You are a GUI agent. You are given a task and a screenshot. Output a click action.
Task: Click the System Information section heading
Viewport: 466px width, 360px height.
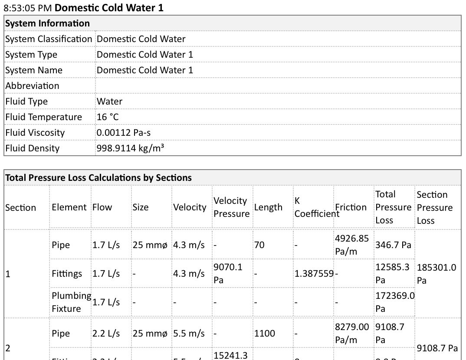(x=47, y=23)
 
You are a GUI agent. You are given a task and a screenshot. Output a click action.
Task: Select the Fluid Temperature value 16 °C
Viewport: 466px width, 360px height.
(x=108, y=117)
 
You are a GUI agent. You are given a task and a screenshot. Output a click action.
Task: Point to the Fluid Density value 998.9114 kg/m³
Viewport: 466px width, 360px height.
(x=130, y=148)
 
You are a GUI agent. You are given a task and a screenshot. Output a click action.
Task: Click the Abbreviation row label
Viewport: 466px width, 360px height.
(x=32, y=86)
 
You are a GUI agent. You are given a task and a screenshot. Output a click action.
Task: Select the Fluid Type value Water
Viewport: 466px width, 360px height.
(x=109, y=101)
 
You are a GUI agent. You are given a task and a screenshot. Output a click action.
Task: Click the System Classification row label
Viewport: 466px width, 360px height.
(x=49, y=39)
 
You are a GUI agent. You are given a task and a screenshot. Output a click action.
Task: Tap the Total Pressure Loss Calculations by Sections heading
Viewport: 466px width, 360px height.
(x=98, y=178)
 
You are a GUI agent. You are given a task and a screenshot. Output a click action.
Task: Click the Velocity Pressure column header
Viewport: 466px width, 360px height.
(x=231, y=207)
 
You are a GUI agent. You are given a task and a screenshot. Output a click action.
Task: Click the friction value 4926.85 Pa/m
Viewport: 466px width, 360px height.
(x=352, y=245)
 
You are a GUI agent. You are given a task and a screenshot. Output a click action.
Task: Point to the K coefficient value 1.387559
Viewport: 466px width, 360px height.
(x=314, y=274)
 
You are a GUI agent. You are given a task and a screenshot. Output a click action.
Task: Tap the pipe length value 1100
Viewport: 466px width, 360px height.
(x=265, y=333)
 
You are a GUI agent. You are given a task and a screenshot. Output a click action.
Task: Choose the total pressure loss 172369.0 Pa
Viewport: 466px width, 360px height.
(x=394, y=302)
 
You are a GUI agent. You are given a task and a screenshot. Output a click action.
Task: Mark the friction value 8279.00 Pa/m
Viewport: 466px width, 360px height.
(x=352, y=333)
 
